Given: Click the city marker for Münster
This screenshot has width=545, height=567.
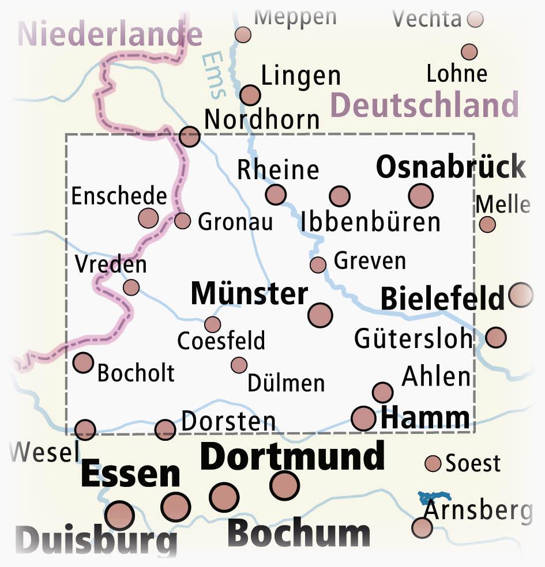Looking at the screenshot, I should pyautogui.click(x=320, y=315).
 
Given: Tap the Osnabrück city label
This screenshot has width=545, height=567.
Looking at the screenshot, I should pyautogui.click(x=450, y=168).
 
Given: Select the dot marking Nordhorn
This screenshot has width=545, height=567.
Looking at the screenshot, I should pyautogui.click(x=190, y=137).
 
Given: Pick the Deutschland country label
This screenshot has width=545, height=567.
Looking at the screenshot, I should pyautogui.click(x=425, y=105).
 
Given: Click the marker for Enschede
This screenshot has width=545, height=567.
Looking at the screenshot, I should pyautogui.click(x=148, y=218).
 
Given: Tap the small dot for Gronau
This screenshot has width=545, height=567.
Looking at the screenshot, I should pyautogui.click(x=182, y=221).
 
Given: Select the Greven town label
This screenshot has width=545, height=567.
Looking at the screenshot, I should pyautogui.click(x=370, y=261).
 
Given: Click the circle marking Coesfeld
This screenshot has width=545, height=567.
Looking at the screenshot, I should pyautogui.click(x=212, y=324).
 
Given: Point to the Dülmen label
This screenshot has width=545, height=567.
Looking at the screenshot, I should pyautogui.click(x=286, y=383).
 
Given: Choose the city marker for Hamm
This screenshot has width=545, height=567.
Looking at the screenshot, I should pyautogui.click(x=363, y=418).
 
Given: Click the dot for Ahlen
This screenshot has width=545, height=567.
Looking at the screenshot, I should pyautogui.click(x=382, y=392).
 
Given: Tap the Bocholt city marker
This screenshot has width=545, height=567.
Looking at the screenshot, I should pyautogui.click(x=83, y=363).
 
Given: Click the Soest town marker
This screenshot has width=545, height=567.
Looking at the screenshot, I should pyautogui.click(x=433, y=463).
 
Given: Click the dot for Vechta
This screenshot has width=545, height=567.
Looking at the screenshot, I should pyautogui.click(x=475, y=20).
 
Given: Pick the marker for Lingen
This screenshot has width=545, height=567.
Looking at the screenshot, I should pyautogui.click(x=250, y=94).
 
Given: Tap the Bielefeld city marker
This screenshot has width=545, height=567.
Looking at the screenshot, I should pyautogui.click(x=521, y=294).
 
